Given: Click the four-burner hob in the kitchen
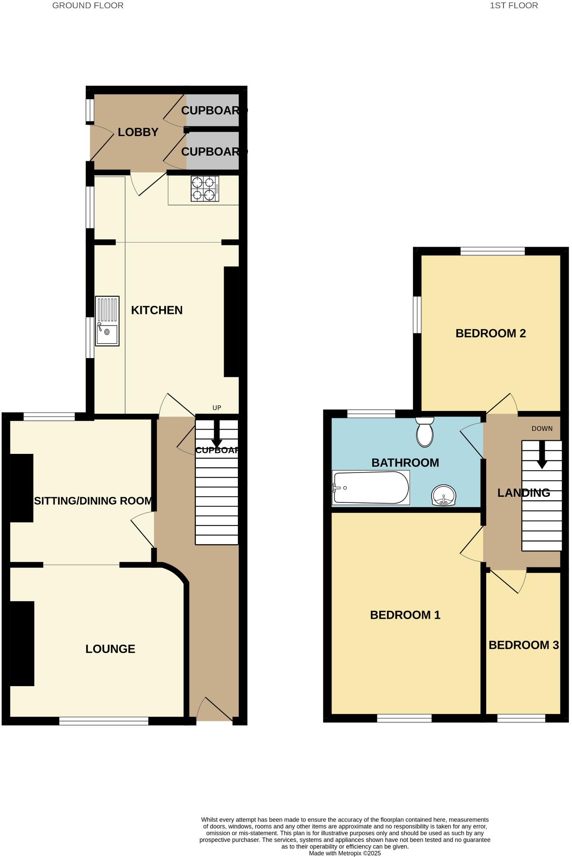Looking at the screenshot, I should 205,189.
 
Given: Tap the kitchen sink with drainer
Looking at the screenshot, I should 107,321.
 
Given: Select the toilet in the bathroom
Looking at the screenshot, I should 425,432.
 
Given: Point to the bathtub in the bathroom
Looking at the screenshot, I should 371,488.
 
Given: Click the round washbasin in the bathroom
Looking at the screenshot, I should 444,495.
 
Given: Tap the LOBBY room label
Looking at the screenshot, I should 138,132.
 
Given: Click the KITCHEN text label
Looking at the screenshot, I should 156,310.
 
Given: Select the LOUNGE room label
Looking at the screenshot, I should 110,649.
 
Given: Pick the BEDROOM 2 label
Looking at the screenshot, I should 491,333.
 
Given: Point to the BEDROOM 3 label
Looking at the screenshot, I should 523,645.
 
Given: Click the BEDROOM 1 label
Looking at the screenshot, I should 405,615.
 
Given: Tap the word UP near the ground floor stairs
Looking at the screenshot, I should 217,408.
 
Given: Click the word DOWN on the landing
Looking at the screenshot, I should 542,429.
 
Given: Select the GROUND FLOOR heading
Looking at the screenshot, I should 88,6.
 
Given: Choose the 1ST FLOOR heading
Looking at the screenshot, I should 514,6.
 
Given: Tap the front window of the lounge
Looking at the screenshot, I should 104,721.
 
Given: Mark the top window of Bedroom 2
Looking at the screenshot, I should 492,251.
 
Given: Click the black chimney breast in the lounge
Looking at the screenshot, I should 22,643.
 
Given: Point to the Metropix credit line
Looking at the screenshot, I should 344,853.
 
